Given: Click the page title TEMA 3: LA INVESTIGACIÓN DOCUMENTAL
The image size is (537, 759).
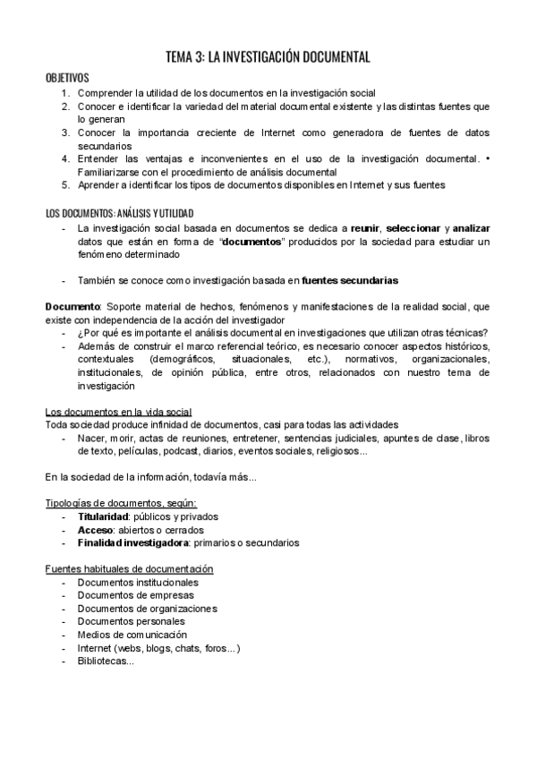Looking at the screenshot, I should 268,57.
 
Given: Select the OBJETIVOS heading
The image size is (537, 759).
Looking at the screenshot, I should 67,78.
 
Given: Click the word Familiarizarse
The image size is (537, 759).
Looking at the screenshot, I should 111,172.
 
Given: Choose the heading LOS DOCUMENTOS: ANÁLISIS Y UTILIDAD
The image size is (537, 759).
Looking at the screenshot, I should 118,213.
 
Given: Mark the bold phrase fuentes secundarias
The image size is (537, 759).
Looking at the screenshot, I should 350,280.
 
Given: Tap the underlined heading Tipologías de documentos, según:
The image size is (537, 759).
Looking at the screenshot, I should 121,503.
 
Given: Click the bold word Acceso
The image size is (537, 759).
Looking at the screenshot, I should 95,530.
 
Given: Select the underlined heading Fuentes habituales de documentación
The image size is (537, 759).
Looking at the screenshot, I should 129,569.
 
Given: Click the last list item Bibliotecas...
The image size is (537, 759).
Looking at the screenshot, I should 106,661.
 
